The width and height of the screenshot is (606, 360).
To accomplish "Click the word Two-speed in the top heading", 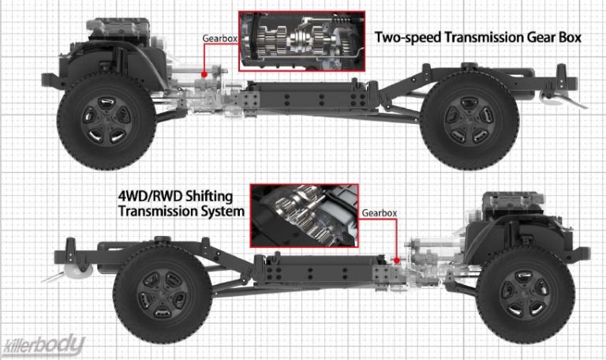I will (x=404, y=37).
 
